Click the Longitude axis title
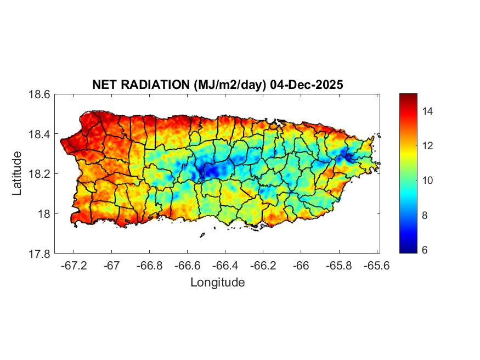point(217,283)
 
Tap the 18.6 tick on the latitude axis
point(39,94)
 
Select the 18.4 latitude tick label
point(39,134)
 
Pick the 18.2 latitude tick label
point(39,174)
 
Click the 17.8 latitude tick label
point(39,254)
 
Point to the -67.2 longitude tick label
point(74,265)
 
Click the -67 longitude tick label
point(112,265)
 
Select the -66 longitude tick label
point(301,265)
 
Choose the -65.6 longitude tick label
point(377,265)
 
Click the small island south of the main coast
point(202,235)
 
